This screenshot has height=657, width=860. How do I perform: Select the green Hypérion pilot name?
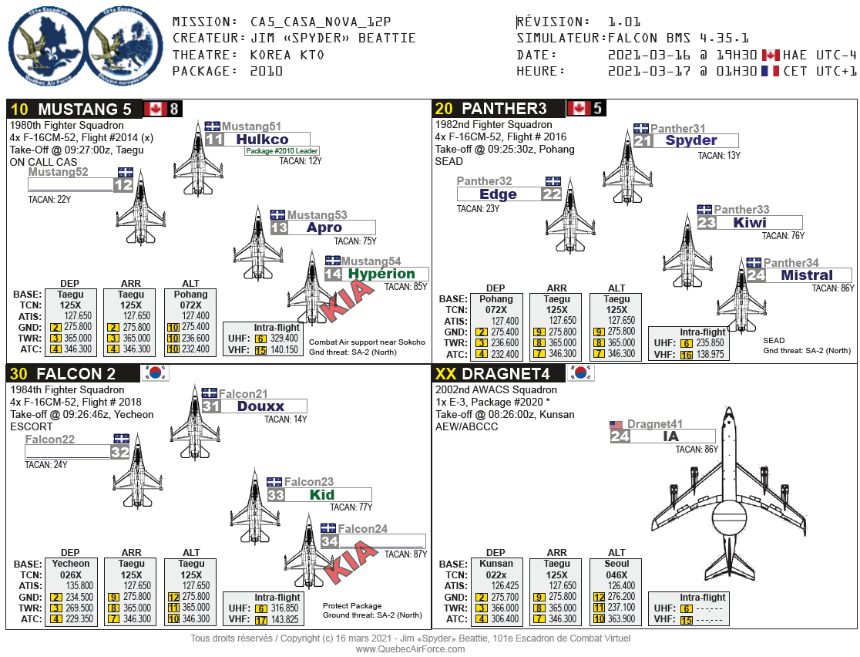point(381,274)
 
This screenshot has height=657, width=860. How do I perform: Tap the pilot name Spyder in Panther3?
point(691,140)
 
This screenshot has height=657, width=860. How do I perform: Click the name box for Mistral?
point(807,275)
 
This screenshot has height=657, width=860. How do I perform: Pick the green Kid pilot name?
point(322,495)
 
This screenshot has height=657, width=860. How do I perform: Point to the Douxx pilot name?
point(260,406)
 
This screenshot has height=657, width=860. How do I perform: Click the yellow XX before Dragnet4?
point(445,374)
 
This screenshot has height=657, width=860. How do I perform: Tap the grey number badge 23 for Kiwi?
point(707,223)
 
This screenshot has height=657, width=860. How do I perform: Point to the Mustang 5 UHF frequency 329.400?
point(284,339)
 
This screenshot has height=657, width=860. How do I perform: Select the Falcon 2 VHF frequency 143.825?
point(284,619)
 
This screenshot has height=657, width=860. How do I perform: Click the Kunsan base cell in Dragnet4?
point(496,564)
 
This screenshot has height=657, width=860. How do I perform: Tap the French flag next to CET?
point(769,71)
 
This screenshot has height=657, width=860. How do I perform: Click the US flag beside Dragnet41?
point(616,425)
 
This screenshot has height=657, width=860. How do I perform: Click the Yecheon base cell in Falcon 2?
point(70,564)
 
